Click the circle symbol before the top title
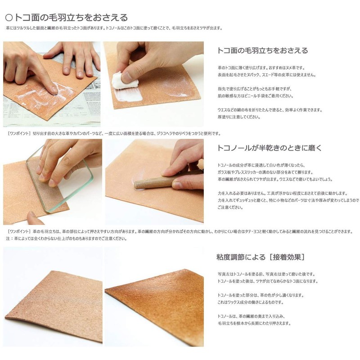[x=9, y=18]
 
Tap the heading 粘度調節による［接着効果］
[x=261, y=257]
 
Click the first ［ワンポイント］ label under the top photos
[x=19, y=134]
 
